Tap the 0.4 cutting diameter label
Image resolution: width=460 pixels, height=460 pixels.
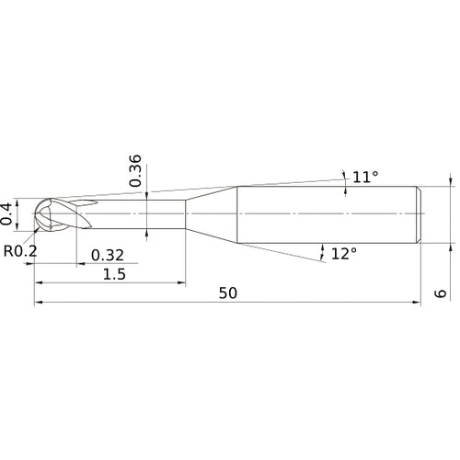[x=8, y=213]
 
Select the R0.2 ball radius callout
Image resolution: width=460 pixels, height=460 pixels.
[x=20, y=250]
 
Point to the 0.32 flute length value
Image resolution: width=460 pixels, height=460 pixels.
[x=108, y=255]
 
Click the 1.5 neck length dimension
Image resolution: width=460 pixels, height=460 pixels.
[x=115, y=275]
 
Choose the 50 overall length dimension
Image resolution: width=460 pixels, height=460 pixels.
[x=229, y=293]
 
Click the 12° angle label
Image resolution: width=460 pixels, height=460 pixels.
[x=344, y=253]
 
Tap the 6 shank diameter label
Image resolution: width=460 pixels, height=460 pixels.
[x=443, y=293]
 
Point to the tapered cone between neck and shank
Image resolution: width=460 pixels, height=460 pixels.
[x=212, y=214]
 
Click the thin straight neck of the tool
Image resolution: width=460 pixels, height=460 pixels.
[x=138, y=214]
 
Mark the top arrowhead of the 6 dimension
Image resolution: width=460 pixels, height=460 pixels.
[x=451, y=181]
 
